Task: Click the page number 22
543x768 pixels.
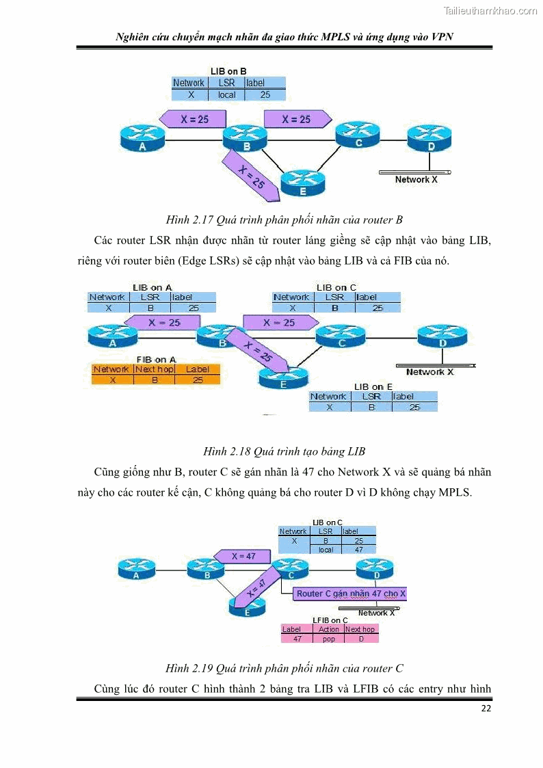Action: (x=486, y=709)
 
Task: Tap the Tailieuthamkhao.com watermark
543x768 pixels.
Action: (x=490, y=10)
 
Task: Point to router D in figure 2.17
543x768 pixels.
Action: (x=430, y=139)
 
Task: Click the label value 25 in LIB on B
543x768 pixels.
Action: (x=265, y=95)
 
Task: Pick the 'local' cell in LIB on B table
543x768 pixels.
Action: (x=226, y=95)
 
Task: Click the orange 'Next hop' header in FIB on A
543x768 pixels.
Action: (x=155, y=369)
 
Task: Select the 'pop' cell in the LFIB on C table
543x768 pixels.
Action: (x=329, y=639)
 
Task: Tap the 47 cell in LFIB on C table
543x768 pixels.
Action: (x=297, y=639)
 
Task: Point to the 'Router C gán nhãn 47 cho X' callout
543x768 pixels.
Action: (x=350, y=594)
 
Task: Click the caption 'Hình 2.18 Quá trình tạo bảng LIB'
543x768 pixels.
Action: (x=284, y=451)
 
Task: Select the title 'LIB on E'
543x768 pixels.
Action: (x=373, y=387)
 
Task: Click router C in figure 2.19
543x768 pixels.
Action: (x=291, y=570)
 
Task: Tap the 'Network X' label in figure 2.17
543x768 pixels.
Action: (x=416, y=180)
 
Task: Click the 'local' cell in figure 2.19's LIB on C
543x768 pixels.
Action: (x=326, y=549)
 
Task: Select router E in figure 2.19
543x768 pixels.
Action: (x=246, y=607)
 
